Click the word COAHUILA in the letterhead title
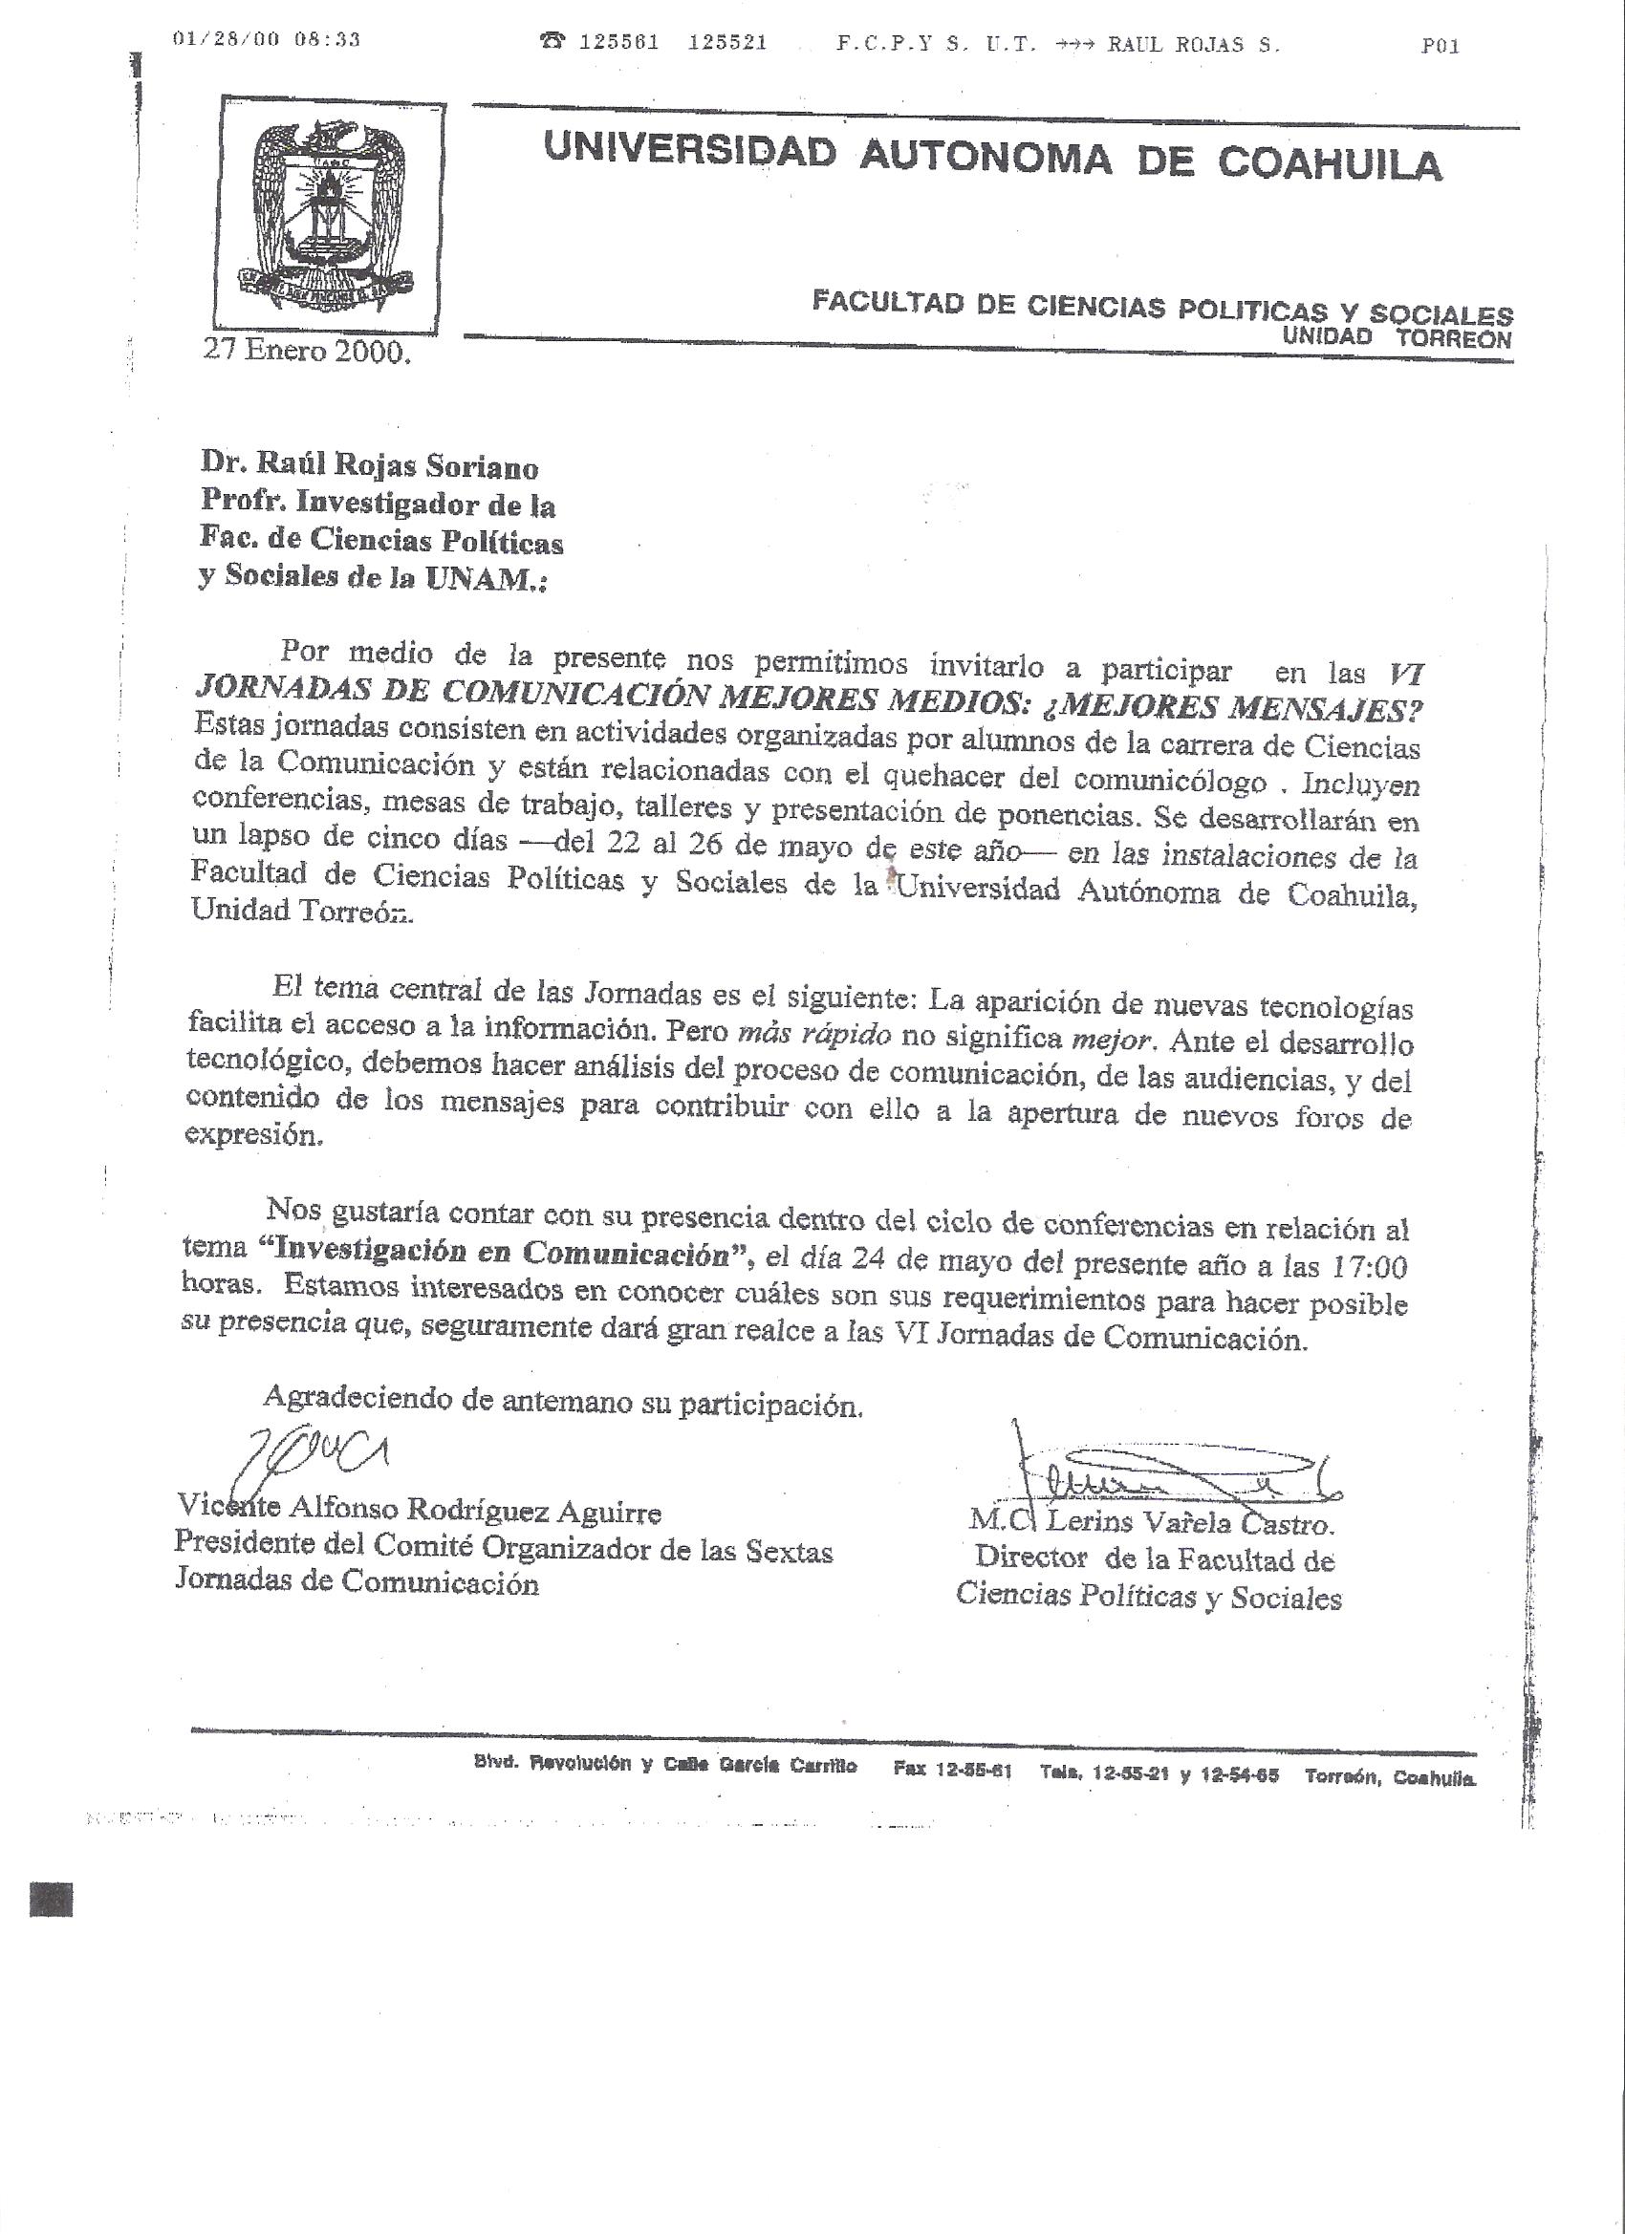[1330, 163]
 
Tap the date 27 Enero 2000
[306, 352]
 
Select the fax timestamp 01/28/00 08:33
[266, 40]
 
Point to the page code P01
[1440, 45]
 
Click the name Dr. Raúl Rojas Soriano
[370, 466]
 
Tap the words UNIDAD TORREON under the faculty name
[1397, 338]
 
